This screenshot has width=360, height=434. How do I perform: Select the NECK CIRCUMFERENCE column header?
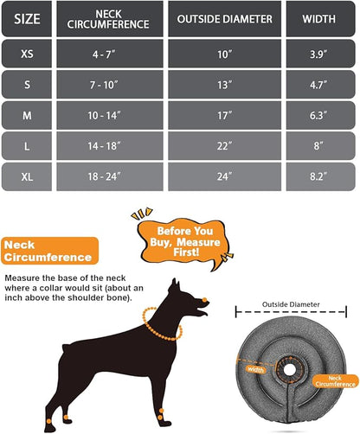tap(107, 19)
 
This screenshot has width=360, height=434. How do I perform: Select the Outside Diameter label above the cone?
tap(297, 304)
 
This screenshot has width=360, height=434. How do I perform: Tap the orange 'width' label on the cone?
tap(257, 369)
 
